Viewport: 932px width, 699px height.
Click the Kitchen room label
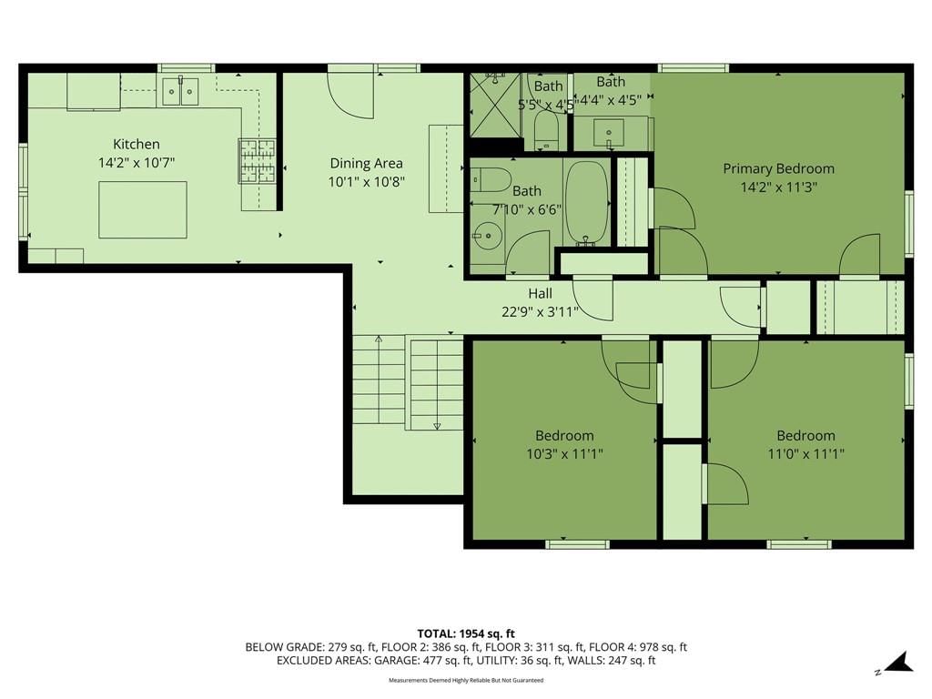pyautogui.click(x=137, y=144)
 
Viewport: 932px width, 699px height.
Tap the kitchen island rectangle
pyautogui.click(x=143, y=210)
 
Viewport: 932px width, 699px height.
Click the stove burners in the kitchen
pyautogui.click(x=258, y=160)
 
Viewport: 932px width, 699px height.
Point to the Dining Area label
pyautogui.click(x=366, y=164)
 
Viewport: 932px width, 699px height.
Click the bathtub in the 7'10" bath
pyautogui.click(x=586, y=203)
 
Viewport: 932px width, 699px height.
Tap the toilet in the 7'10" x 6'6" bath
pyautogui.click(x=491, y=179)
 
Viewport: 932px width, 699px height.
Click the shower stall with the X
pyautogui.click(x=495, y=105)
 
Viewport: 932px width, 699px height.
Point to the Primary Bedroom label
pyautogui.click(x=779, y=168)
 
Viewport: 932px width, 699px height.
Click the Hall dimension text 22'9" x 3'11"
pyautogui.click(x=540, y=311)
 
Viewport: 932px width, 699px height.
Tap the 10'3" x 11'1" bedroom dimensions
pyautogui.click(x=564, y=454)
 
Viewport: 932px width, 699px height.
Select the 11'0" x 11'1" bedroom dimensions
pyautogui.click(x=806, y=454)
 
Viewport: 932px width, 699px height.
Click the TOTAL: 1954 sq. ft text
pyautogui.click(x=466, y=633)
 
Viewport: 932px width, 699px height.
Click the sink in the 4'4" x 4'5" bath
pyautogui.click(x=609, y=133)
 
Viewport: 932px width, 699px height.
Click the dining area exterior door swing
pyautogui.click(x=350, y=95)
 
